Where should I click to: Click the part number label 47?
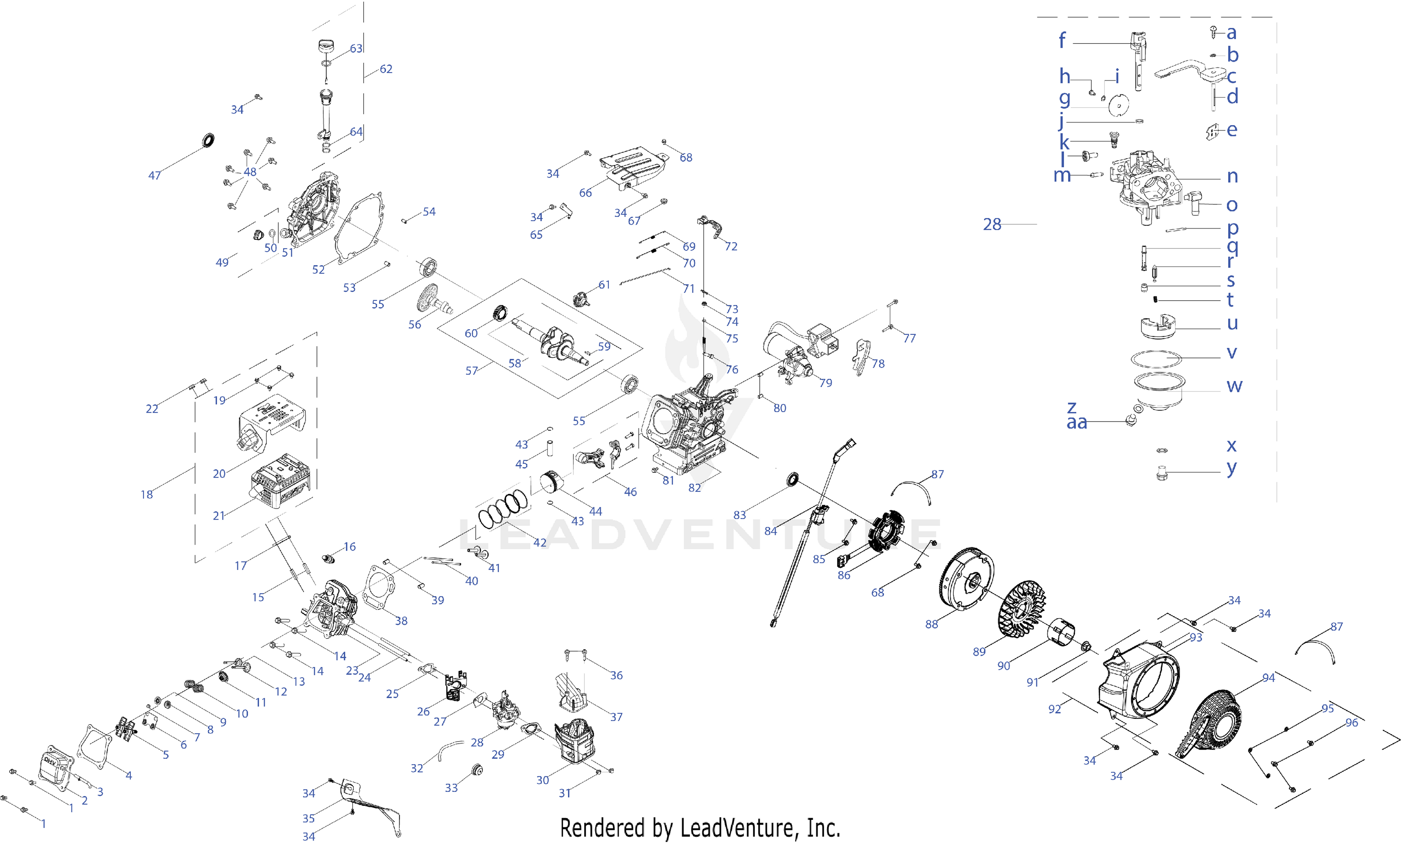154,176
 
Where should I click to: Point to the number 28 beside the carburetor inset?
992,225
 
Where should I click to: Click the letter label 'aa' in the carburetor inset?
1076,422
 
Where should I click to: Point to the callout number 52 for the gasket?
318,269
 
